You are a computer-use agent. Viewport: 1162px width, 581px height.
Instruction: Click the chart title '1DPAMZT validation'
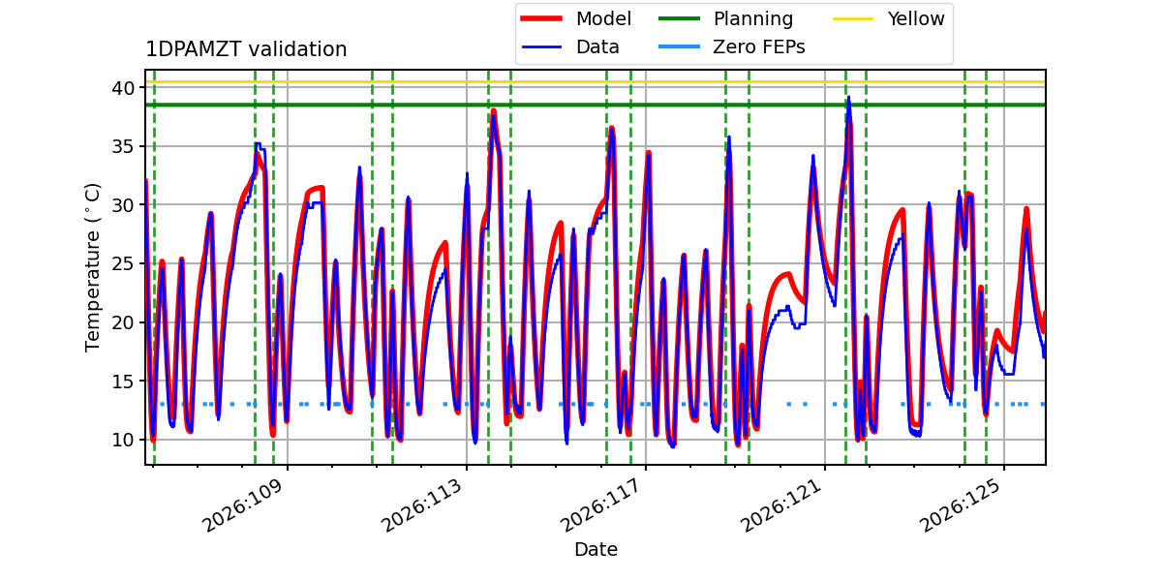coord(246,49)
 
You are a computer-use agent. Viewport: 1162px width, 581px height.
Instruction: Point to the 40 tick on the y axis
coord(122,88)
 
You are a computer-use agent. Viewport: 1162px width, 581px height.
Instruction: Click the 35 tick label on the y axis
coord(122,147)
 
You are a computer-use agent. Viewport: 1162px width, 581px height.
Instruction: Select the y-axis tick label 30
coord(122,205)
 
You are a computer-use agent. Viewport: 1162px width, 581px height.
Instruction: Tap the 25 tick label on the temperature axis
coord(122,264)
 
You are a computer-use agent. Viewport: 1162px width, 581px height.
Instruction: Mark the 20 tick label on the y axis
coord(122,322)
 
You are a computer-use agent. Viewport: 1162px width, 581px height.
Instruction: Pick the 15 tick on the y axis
coord(122,382)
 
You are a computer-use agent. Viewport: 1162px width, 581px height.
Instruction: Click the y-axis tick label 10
coord(122,440)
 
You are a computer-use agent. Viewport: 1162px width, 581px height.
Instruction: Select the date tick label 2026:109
coord(243,505)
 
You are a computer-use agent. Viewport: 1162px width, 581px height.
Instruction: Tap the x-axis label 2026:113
coord(422,505)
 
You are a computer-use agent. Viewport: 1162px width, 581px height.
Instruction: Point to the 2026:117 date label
coord(601,505)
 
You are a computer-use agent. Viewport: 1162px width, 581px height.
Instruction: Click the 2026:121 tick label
coord(780,505)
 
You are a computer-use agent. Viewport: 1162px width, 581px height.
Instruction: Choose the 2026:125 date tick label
coord(961,505)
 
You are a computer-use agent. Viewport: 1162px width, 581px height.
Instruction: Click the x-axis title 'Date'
coord(596,549)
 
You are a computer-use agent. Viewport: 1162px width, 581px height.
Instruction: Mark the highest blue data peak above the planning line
coord(848,97)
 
